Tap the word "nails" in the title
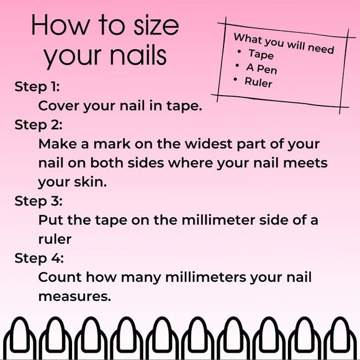(138, 55)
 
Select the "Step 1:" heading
(37, 88)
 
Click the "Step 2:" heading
(38, 125)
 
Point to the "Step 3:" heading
(38, 201)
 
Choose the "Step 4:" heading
(39, 259)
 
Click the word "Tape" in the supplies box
(261, 55)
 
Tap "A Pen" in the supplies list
(261, 69)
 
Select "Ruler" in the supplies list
(258, 82)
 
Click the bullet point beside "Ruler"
(235, 79)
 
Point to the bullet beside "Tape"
(239, 52)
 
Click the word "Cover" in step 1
(58, 106)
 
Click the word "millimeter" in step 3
(218, 220)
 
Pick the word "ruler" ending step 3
(55, 239)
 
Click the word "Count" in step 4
(60, 277)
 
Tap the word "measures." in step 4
(74, 297)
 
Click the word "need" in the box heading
(321, 48)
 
